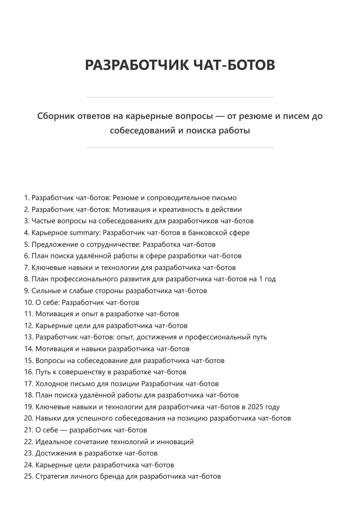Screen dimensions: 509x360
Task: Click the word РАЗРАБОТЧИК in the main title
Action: tap(137, 65)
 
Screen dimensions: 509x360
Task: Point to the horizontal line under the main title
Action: tap(180, 97)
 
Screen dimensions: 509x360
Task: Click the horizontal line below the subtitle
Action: tap(180, 148)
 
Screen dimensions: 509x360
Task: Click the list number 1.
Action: tap(27, 198)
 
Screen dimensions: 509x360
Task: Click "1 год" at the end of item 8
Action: tap(267, 279)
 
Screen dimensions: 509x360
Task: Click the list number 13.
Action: tap(28, 337)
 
